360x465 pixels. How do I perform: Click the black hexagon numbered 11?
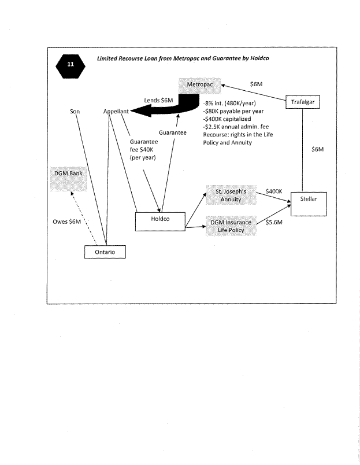[x=70, y=65]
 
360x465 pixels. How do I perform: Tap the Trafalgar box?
[x=302, y=102]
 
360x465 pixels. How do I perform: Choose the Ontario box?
[x=105, y=253]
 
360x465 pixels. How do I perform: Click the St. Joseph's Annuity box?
[x=231, y=195]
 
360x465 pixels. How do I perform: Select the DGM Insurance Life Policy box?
[x=231, y=226]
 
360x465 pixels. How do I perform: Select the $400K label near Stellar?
[x=273, y=190]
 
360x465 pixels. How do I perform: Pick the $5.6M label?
[x=273, y=222]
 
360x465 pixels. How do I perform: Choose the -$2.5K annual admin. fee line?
[x=235, y=127]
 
